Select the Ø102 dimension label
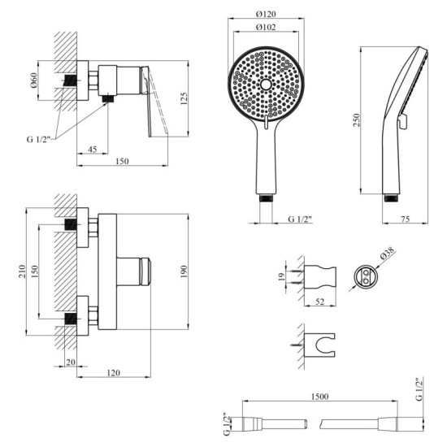[x=267, y=28]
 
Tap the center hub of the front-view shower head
[x=266, y=85]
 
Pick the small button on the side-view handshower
[x=401, y=122]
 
